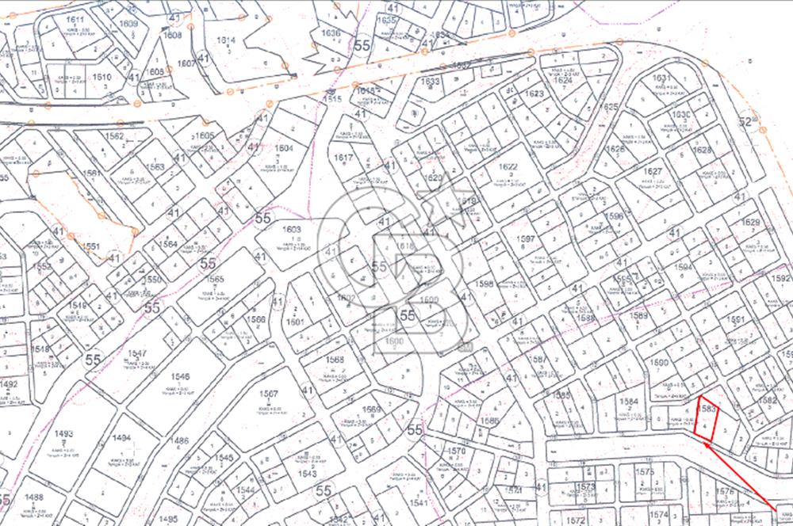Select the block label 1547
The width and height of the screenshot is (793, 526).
tap(136, 353)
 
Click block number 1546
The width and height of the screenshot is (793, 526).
tap(180, 377)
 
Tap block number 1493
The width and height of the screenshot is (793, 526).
tap(63, 434)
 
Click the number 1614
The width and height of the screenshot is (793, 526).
tap(227, 40)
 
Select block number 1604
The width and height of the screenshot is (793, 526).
tap(283, 148)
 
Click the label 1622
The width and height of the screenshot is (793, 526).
tap(508, 167)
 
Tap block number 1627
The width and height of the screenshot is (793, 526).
tap(653, 172)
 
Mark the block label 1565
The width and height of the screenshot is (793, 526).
tap(215, 280)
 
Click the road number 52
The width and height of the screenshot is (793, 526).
tap(745, 122)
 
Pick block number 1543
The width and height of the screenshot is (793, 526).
tap(308, 474)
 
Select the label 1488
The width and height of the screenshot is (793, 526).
tap(33, 497)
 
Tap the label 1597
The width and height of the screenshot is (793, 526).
tap(547, 239)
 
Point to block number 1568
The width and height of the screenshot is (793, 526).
tap(335, 360)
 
